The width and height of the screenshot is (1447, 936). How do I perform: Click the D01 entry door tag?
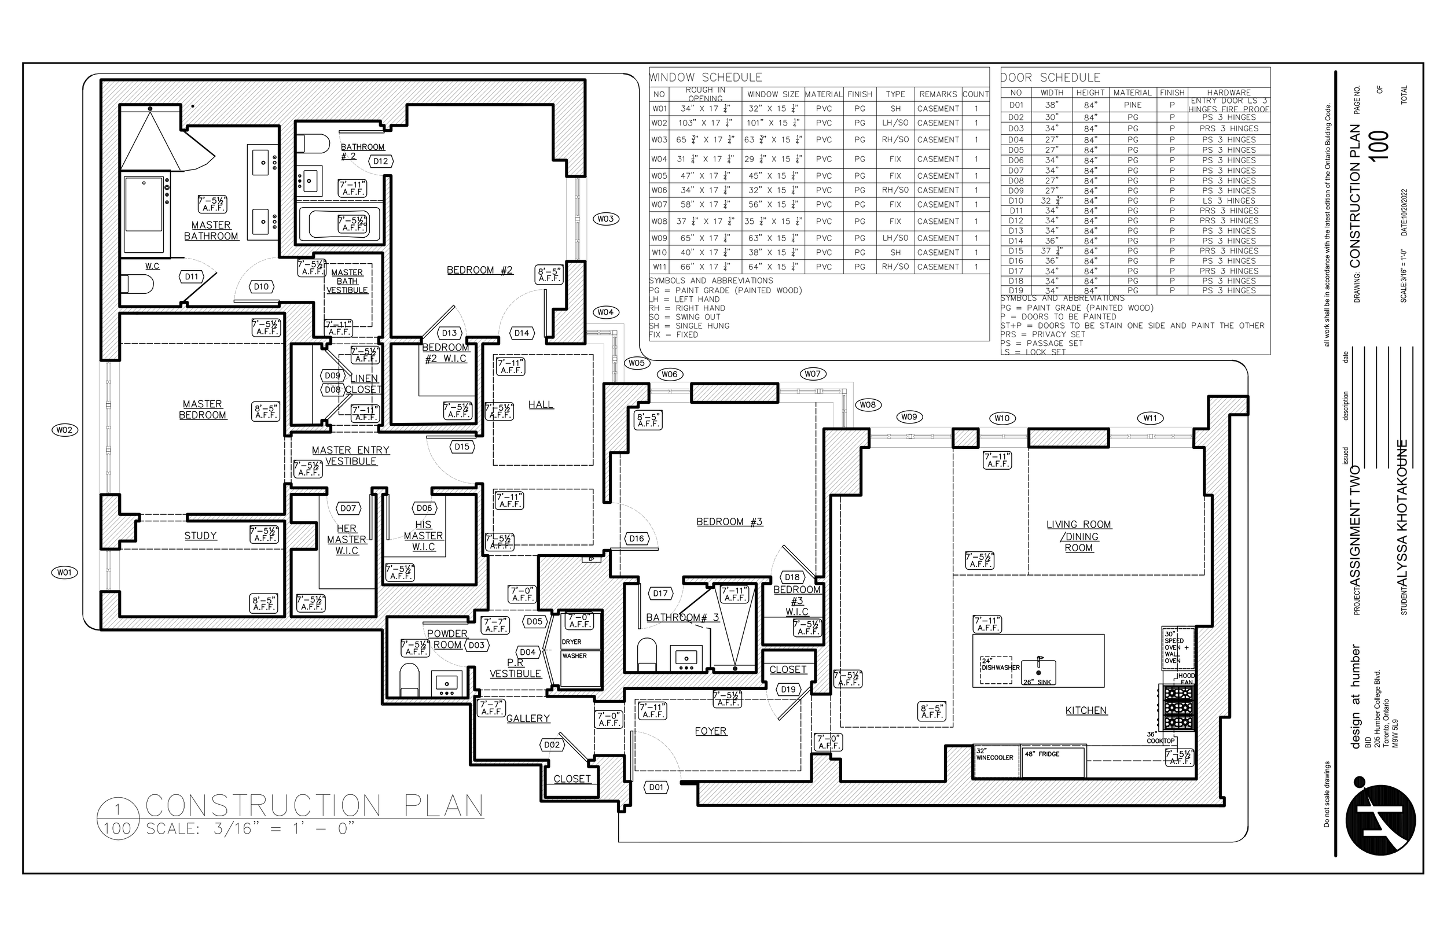(656, 787)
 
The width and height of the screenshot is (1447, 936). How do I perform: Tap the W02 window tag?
(64, 430)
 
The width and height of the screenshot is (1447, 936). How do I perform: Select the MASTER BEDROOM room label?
(203, 410)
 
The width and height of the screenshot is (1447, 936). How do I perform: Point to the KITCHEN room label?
(1086, 710)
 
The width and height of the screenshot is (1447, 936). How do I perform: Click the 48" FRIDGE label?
(1042, 754)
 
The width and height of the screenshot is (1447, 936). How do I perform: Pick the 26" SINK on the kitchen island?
(1037, 673)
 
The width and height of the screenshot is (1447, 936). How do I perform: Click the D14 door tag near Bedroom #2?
(521, 333)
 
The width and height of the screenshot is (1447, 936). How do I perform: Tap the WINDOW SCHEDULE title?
(706, 78)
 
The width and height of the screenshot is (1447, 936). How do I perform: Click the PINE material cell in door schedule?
(1133, 105)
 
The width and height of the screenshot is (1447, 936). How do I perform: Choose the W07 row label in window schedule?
(660, 205)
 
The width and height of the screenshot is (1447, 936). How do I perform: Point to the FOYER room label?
(711, 731)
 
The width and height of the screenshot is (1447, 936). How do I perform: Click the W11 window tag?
(1149, 418)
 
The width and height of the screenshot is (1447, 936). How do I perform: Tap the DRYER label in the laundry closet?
(571, 642)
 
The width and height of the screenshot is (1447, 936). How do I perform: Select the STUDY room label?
(201, 536)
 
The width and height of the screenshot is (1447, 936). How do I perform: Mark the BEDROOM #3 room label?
(729, 522)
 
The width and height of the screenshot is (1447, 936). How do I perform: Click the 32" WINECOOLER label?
(994, 755)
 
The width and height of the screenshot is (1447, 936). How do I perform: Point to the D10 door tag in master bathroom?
(261, 287)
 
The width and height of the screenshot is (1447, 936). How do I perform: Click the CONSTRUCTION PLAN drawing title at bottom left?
(314, 806)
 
